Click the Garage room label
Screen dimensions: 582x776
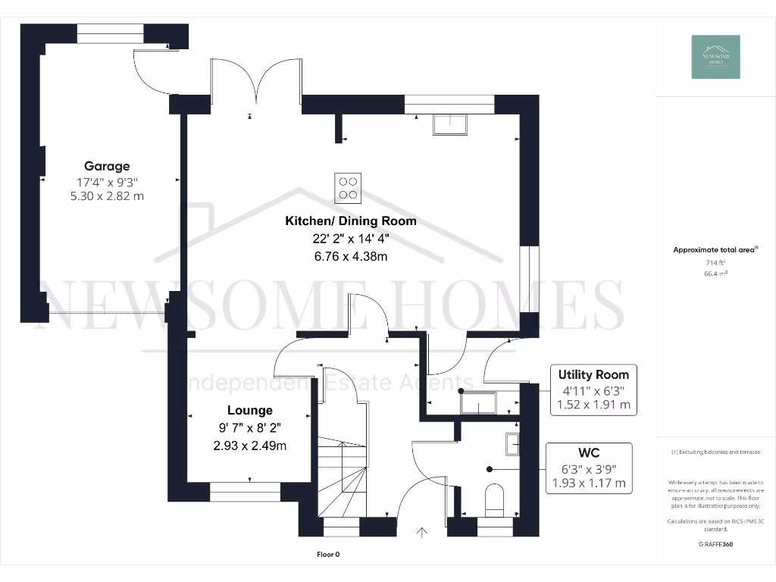click(x=107, y=166)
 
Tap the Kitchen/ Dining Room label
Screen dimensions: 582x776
click(x=351, y=221)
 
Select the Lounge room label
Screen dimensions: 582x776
click(x=249, y=410)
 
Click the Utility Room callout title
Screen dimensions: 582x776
click(x=593, y=374)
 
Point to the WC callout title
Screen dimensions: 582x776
click(x=590, y=452)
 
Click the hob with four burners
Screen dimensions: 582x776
click(x=349, y=188)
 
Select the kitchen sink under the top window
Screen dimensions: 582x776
click(x=450, y=124)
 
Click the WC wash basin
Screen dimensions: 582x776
click(x=512, y=443)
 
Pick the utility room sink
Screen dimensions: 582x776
click(x=477, y=402)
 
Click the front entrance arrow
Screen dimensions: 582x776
click(x=422, y=533)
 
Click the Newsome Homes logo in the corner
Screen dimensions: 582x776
click(x=715, y=57)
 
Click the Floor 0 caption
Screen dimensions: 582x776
click(x=328, y=555)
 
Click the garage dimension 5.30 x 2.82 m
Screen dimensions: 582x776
click(x=107, y=196)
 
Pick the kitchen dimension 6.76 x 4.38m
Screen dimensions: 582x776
click(x=351, y=256)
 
